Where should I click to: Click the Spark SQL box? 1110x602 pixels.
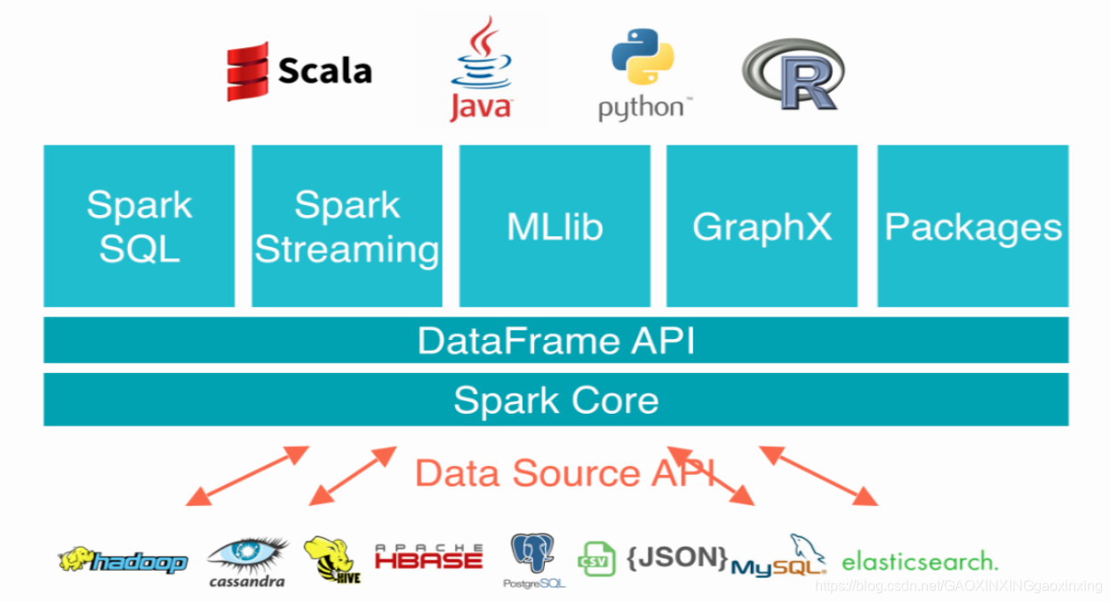point(139,226)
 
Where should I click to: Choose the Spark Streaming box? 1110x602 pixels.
point(347,226)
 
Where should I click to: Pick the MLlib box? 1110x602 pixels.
point(555,226)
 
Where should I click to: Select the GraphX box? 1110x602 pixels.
point(762,226)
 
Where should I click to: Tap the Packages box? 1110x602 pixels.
point(973,226)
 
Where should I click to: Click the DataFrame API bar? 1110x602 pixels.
point(555,341)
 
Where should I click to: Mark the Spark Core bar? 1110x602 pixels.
point(555,400)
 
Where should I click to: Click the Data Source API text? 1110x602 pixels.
point(565,472)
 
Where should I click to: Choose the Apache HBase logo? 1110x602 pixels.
point(428,557)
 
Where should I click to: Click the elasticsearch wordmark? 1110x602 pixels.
point(919,561)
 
